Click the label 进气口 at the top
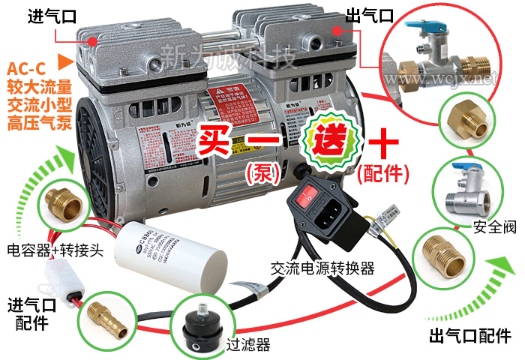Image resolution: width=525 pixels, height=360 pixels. [51, 16]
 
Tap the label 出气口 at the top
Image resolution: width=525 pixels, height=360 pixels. [368, 16]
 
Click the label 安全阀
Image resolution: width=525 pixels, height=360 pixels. [494, 228]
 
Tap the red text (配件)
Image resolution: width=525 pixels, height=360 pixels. [383, 175]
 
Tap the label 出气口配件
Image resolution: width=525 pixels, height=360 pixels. [470, 336]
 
